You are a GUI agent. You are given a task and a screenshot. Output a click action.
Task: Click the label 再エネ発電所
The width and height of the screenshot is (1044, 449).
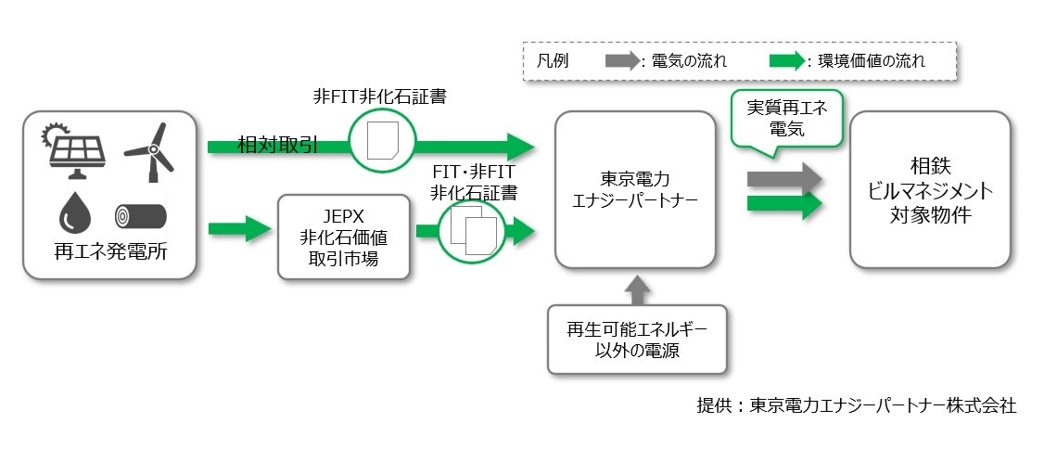coord(109,252)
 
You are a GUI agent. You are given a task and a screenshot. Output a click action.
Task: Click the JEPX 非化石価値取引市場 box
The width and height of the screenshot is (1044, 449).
coord(343,237)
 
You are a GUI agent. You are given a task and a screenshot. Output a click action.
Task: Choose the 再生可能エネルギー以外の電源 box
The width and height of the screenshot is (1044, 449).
coord(634,340)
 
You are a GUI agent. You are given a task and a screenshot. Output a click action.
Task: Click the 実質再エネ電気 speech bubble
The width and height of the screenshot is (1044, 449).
coord(787,118)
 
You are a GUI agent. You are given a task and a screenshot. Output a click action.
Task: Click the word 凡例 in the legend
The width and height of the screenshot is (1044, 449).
coord(553,62)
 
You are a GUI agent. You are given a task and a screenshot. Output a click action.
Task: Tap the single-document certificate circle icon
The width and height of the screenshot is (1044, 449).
coord(381,145)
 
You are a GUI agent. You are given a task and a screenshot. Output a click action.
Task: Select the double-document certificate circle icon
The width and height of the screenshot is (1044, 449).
coord(470,231)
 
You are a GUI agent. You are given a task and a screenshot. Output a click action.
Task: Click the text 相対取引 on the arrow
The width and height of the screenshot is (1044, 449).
coord(277,146)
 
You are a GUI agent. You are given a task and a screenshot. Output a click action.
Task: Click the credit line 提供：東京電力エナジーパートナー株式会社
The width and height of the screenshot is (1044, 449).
coord(856,405)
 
